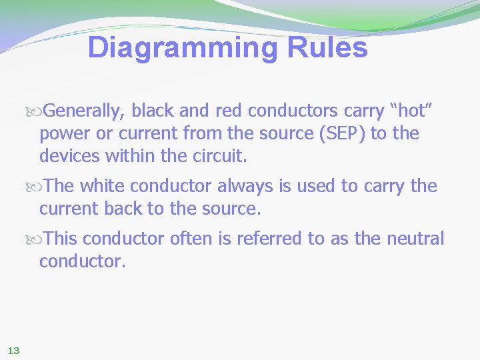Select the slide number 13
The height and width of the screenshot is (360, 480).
click(x=13, y=350)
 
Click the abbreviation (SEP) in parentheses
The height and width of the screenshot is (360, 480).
click(x=343, y=133)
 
